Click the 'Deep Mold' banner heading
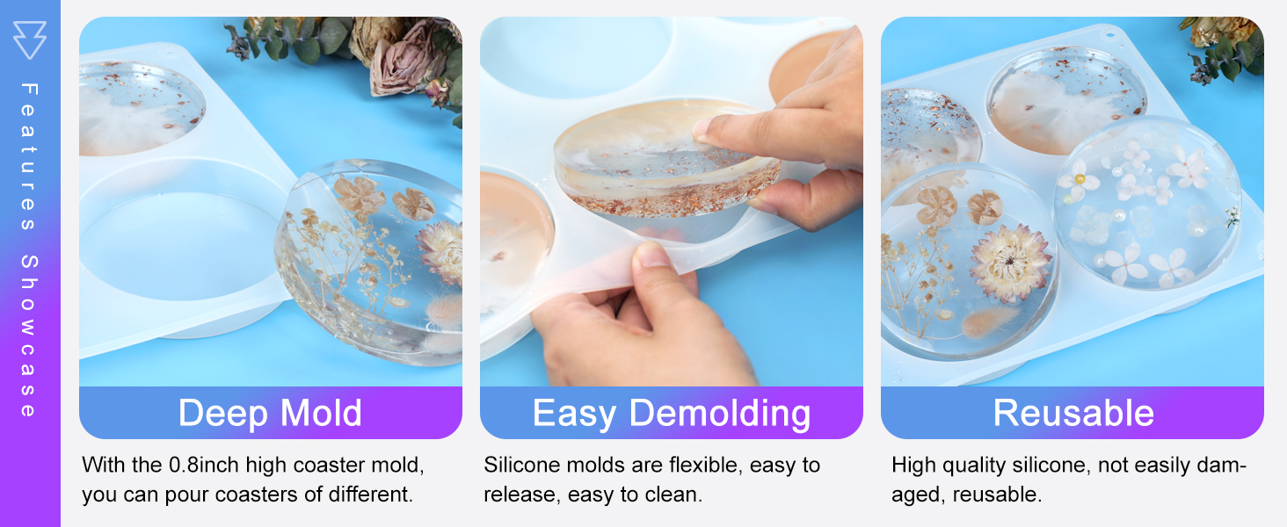click(x=270, y=413)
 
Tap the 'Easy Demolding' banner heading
click(x=671, y=413)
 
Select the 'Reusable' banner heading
click(x=1072, y=413)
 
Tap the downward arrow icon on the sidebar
click(x=29, y=40)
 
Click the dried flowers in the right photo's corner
click(x=1226, y=44)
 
